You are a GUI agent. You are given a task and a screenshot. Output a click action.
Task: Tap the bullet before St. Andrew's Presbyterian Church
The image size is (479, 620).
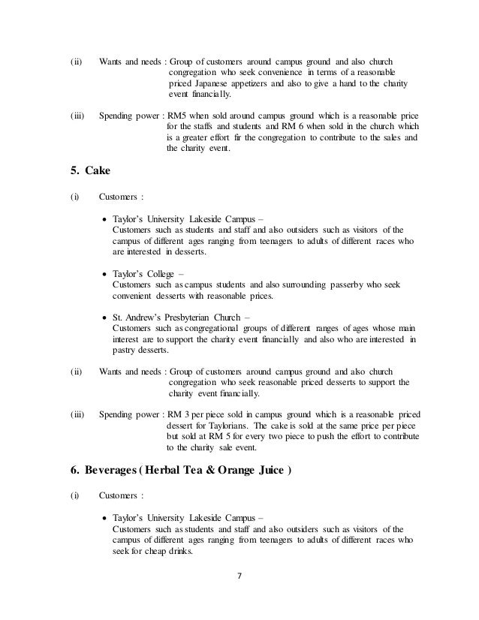[x=104, y=318]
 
